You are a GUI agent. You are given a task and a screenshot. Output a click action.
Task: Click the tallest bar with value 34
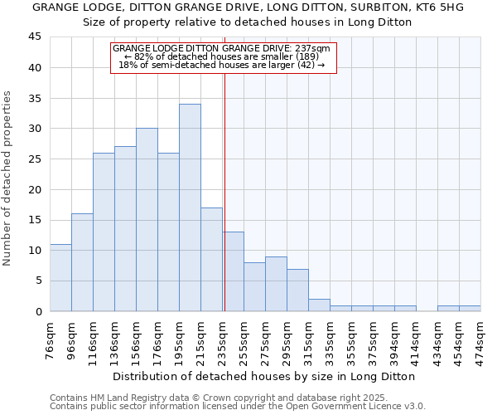190,207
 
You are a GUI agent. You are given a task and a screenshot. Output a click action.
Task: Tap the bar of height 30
147,220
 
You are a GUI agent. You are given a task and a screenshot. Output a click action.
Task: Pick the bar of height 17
211,259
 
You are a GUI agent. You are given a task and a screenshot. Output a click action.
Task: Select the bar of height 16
82,262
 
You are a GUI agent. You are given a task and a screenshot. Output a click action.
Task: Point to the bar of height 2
319,305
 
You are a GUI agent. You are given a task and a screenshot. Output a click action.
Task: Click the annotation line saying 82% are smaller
224,56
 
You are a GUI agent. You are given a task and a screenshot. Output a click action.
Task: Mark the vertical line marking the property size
224,191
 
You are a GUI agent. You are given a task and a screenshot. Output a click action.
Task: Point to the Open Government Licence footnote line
238,406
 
